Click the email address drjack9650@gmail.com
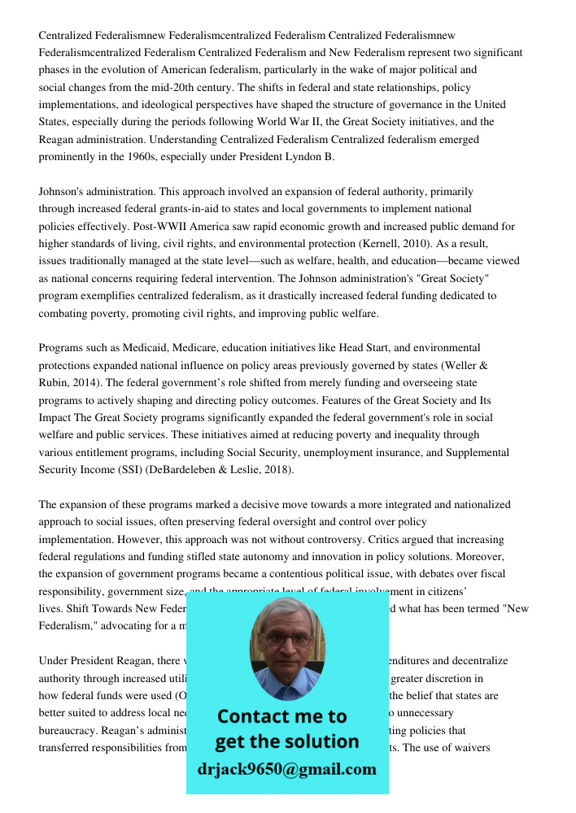tap(286, 769)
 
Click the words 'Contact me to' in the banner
tap(281, 716)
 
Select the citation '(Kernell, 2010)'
tap(406, 243)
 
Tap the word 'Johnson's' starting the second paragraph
tap(64, 192)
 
